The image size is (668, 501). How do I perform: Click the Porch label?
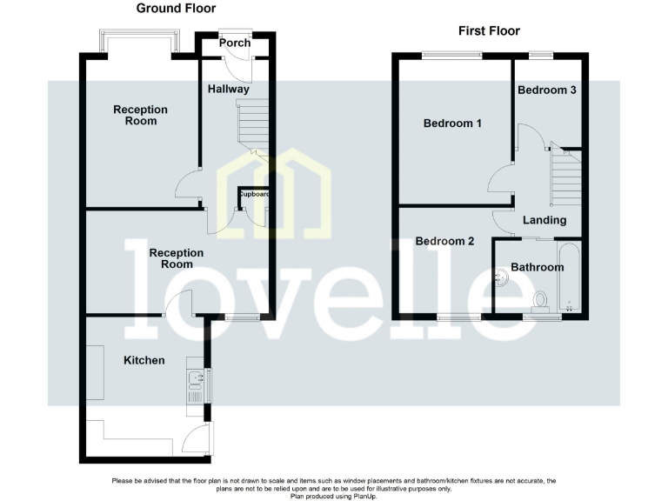(234, 43)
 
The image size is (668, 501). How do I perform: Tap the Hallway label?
(229, 89)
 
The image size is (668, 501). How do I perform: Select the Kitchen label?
(144, 360)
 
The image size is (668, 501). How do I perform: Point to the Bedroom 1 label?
(452, 124)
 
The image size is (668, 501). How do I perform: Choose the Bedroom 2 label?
(444, 241)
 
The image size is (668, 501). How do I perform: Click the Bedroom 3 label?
(547, 90)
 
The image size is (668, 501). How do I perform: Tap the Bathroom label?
(537, 267)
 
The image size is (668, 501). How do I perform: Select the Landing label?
(544, 220)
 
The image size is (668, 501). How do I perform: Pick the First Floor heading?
(489, 31)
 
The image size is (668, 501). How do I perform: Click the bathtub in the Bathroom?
(570, 277)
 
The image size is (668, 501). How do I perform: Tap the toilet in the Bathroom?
(541, 300)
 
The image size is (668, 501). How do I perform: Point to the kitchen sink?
(193, 380)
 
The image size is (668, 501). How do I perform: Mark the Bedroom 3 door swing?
(531, 139)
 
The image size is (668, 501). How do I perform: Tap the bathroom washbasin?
(501, 279)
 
